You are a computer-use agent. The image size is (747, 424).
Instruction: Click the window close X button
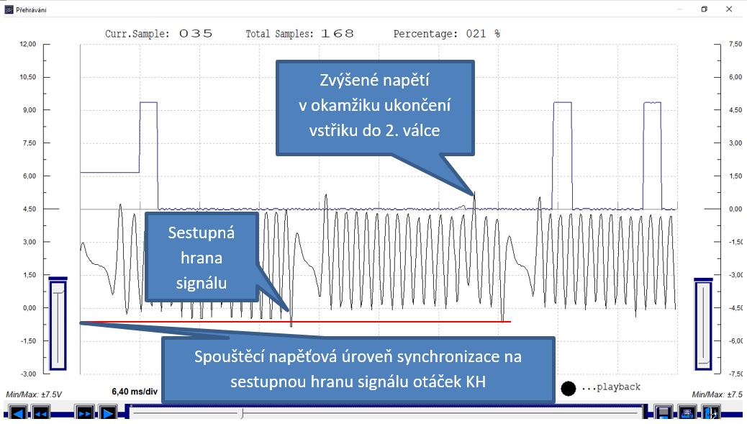click(x=729, y=9)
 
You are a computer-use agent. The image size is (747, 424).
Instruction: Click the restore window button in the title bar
click(x=704, y=9)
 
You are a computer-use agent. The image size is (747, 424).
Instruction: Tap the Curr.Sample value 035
click(x=196, y=34)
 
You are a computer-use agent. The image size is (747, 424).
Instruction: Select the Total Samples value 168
click(x=338, y=34)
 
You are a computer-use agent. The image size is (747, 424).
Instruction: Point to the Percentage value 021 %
click(x=483, y=34)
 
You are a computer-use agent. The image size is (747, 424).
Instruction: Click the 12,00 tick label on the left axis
click(x=27, y=44)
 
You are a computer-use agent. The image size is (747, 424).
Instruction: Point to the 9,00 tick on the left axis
click(x=29, y=109)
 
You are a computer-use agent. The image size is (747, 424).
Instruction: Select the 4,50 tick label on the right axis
click(x=735, y=109)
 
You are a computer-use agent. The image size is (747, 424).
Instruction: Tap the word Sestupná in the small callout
click(x=201, y=233)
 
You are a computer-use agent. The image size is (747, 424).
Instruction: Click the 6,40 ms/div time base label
click(x=135, y=392)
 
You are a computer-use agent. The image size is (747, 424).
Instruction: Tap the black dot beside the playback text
click(x=568, y=389)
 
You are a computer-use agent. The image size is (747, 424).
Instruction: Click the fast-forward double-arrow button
click(x=84, y=413)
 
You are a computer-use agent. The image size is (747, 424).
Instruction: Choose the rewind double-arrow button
click(x=40, y=413)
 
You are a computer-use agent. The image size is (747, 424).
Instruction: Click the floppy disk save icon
click(x=663, y=412)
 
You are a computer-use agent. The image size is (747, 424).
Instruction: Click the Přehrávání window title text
click(x=32, y=9)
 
